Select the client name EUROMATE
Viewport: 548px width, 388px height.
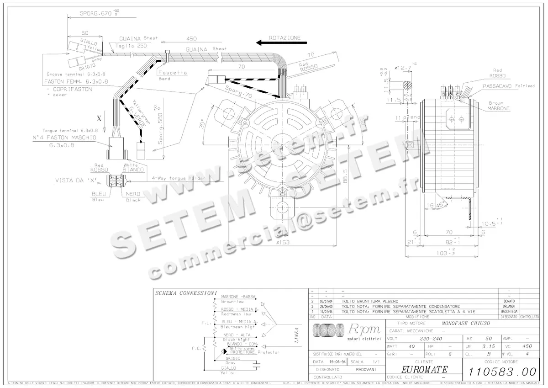click(424, 369)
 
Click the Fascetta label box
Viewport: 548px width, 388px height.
click(173, 73)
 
